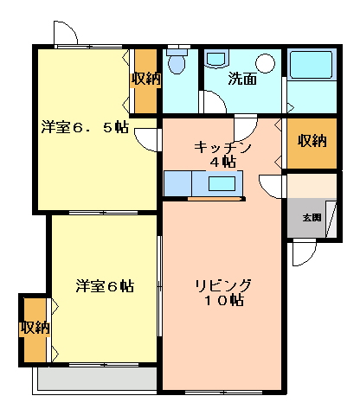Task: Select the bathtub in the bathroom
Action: tap(312, 65)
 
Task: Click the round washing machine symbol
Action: tap(266, 63)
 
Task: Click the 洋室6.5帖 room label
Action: tap(85, 127)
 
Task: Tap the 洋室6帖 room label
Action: tap(105, 286)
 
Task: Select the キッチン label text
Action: tap(222, 148)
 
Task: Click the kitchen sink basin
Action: tap(222, 183)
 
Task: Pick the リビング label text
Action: tap(223, 285)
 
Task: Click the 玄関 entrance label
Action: tap(312, 218)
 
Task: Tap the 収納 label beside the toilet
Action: tap(146, 78)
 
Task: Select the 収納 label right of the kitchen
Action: tap(312, 140)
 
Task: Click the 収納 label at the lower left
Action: tap(35, 328)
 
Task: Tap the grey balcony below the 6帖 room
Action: tap(98, 378)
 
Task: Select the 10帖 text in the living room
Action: tap(224, 301)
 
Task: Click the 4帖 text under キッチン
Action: tap(222, 163)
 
